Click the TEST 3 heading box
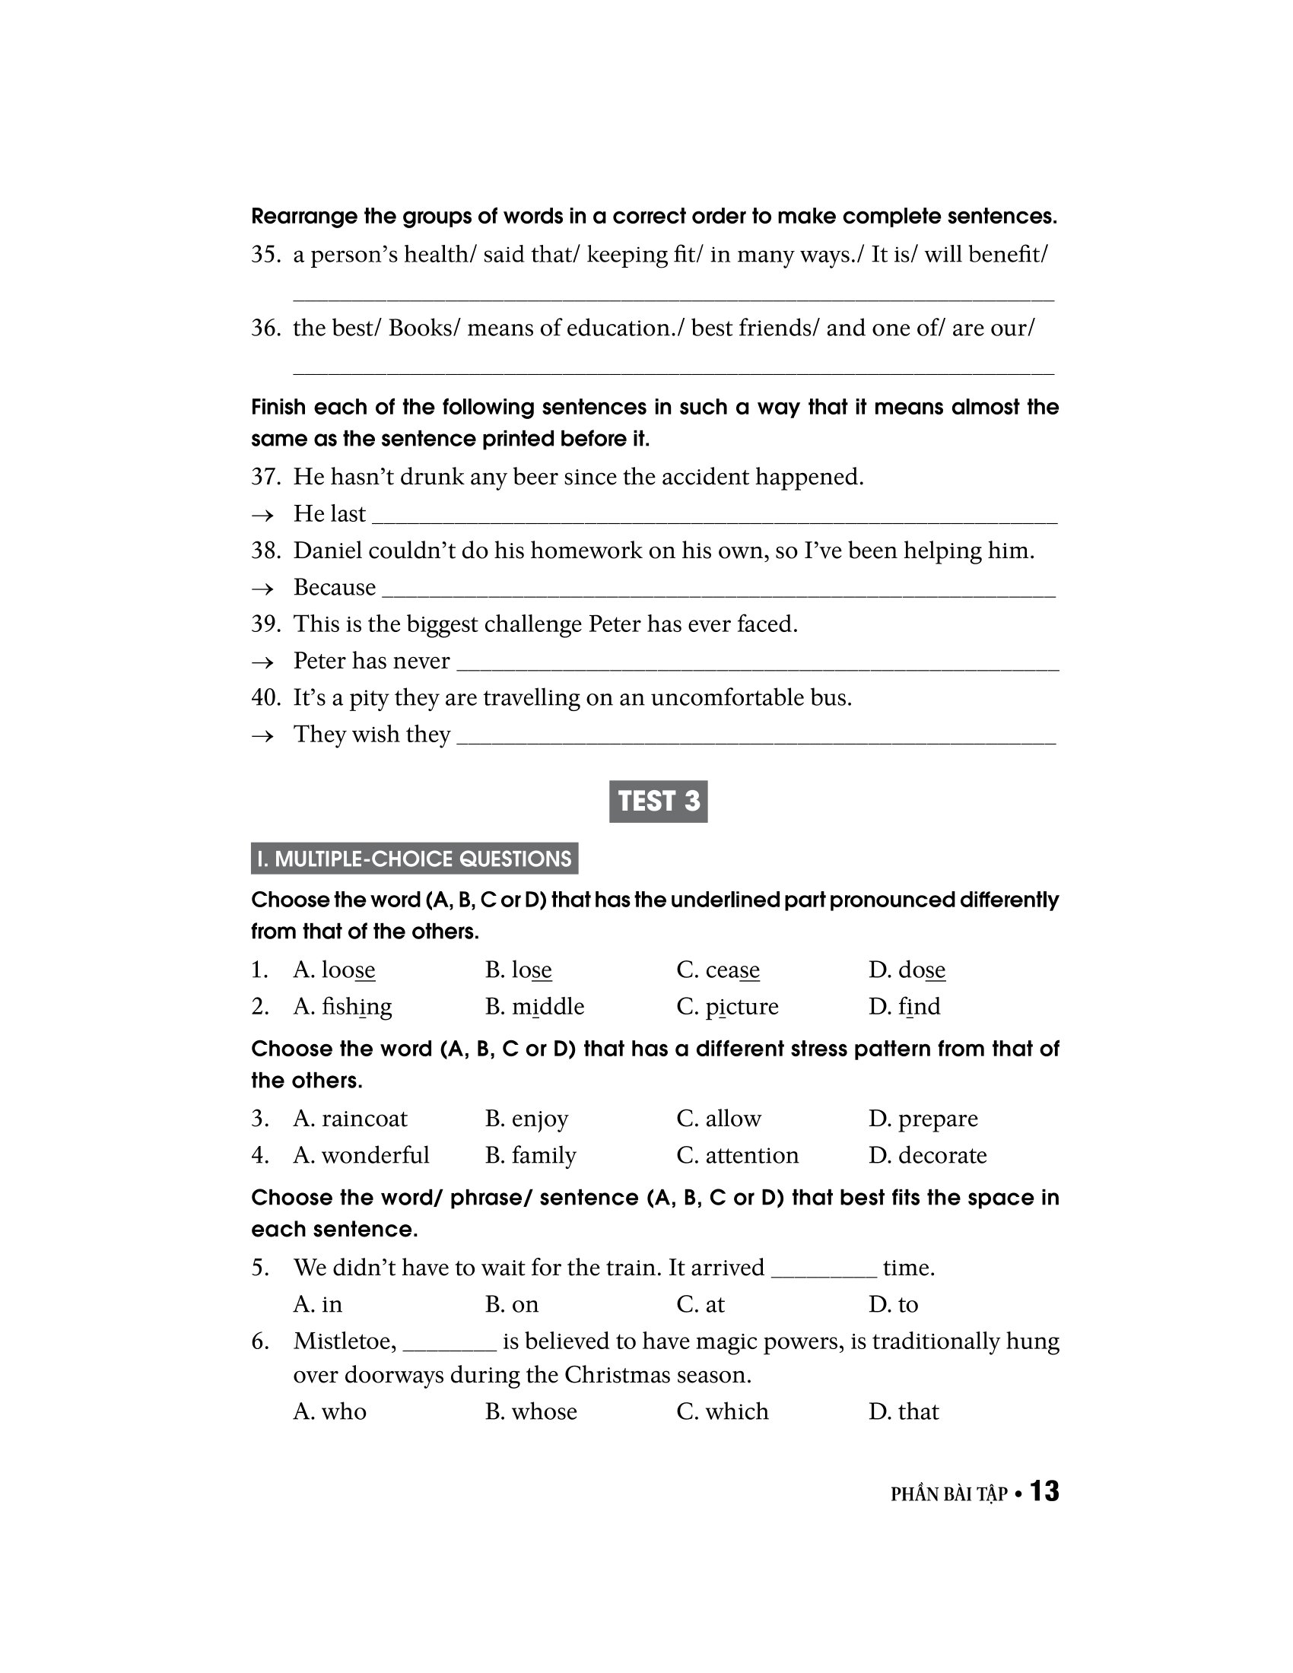pos(658,802)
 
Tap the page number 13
pos(1044,1491)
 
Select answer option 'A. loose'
pos(334,970)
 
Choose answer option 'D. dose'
pos(907,970)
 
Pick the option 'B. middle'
pos(534,1007)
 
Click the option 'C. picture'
pos(727,1007)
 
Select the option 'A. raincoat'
pos(350,1119)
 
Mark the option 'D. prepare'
pos(923,1119)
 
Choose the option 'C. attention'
pos(737,1155)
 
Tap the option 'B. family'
pos(530,1155)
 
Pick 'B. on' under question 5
pos(512,1304)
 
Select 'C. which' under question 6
pos(723,1412)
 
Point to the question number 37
pos(265,478)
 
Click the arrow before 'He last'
pos(262,515)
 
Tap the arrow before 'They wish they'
pos(262,735)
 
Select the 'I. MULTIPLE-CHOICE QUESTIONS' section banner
pos(415,859)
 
